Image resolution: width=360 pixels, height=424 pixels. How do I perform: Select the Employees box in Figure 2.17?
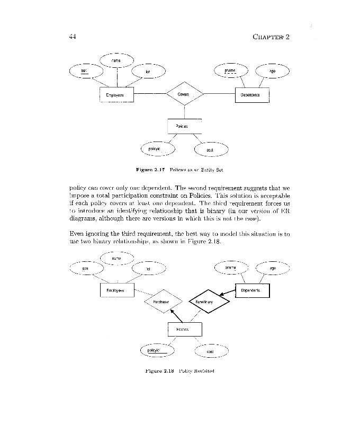(116, 95)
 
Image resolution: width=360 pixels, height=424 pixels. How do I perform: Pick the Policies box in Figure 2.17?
(184, 126)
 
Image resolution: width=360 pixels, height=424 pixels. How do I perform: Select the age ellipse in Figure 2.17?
(273, 71)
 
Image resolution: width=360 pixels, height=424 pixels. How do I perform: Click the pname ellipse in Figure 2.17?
(230, 70)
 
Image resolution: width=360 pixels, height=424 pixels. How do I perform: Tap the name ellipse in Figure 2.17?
(116, 61)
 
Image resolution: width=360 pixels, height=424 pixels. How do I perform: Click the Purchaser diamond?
(163, 302)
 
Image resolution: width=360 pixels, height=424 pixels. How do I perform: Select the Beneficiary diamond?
(210, 302)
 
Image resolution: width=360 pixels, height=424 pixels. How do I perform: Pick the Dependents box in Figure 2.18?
(252, 291)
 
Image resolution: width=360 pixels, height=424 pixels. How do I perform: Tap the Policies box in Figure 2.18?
(184, 330)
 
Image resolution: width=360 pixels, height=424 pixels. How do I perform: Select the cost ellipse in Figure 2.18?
(211, 351)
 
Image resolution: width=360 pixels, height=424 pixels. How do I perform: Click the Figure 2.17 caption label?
(151, 170)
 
